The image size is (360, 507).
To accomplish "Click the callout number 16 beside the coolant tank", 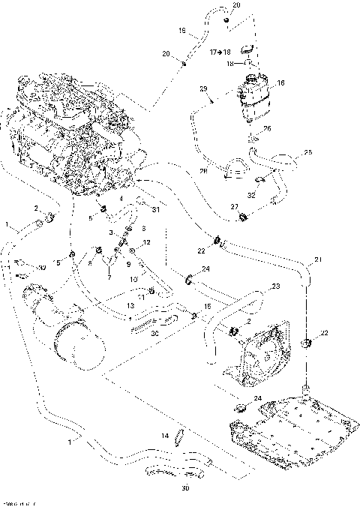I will [x=281, y=82].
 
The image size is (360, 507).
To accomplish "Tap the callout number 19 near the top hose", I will [x=181, y=31].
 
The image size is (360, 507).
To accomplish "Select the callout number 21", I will [x=317, y=260].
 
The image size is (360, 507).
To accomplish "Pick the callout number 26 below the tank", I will [x=268, y=128].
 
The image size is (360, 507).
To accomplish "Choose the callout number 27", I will [x=234, y=205].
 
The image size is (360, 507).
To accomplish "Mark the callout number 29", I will [x=203, y=88].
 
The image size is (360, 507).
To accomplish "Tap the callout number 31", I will [x=156, y=210].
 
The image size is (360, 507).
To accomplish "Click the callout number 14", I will [x=165, y=435].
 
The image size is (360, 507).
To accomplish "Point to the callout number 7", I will [x=109, y=278].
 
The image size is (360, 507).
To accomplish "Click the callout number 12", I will [x=147, y=242].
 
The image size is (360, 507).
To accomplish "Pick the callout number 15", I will [x=208, y=307].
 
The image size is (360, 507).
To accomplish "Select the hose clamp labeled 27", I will [x=244, y=218].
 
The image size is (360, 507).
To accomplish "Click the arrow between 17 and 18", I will [x=223, y=52].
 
